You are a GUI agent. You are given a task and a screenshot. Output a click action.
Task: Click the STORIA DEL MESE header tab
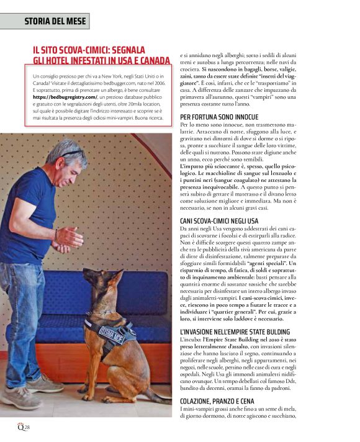pyautogui.click(x=47, y=21)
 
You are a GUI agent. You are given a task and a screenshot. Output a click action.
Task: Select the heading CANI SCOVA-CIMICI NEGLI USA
pyautogui.click(x=218, y=221)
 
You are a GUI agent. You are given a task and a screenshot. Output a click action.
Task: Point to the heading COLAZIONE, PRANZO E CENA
pyautogui.click(x=218, y=402)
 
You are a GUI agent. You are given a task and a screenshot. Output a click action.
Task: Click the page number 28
pyautogui.click(x=27, y=428)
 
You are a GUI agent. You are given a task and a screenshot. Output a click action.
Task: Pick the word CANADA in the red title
pyautogui.click(x=150, y=61)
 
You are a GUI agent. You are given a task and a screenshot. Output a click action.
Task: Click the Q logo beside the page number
pyautogui.click(x=20, y=428)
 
